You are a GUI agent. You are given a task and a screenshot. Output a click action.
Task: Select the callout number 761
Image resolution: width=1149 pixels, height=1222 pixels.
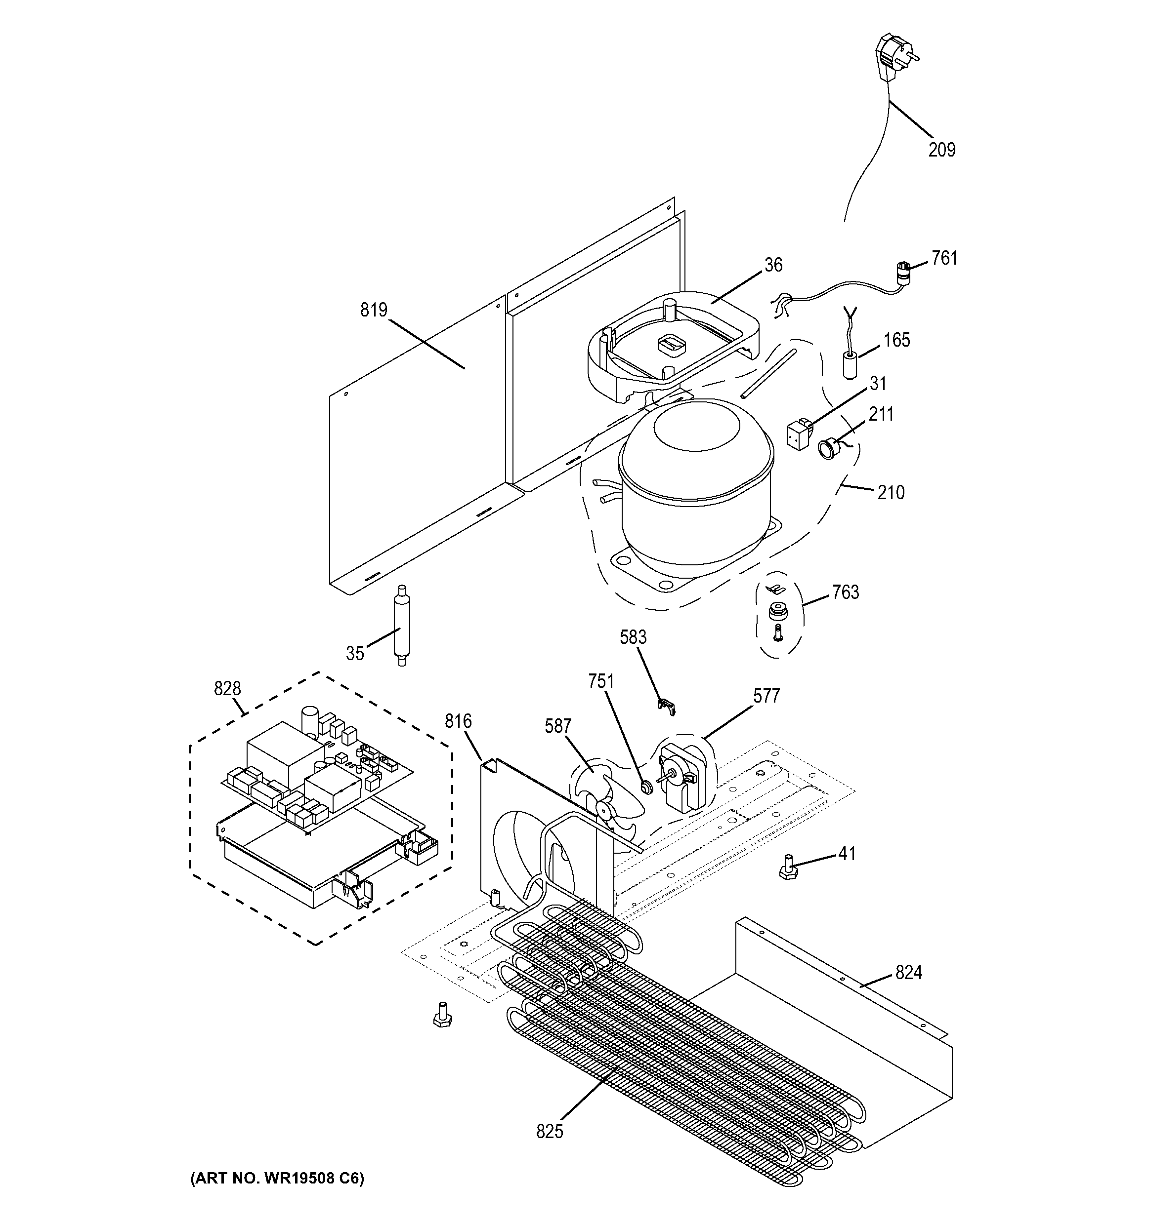tap(944, 258)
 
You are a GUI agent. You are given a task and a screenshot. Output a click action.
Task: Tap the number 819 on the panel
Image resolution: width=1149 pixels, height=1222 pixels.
tap(374, 310)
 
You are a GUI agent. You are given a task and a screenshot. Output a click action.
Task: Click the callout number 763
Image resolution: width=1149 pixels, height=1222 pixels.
tap(845, 592)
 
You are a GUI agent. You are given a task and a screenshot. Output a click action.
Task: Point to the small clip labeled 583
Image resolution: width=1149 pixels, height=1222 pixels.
tap(666, 707)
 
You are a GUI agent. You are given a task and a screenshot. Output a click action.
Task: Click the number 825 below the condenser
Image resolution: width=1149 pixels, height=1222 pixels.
tap(549, 1131)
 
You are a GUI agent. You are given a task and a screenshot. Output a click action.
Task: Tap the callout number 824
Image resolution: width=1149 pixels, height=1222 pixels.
tap(908, 973)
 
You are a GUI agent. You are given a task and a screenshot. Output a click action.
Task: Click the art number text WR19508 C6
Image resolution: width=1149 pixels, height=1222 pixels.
tap(277, 1179)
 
